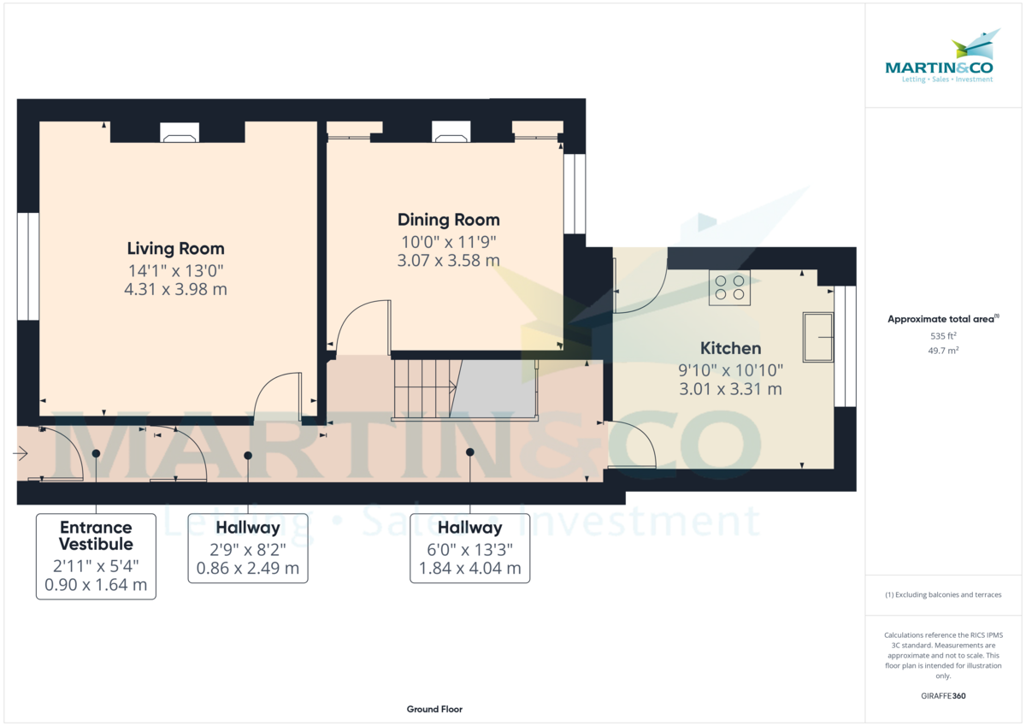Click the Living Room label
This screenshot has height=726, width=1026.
(176, 249)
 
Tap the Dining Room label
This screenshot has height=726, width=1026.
(448, 220)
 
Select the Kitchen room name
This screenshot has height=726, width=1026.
(730, 349)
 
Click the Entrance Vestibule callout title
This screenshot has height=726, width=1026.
(96, 535)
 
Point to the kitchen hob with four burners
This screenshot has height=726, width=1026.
(729, 287)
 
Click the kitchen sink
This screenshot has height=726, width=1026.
(818, 337)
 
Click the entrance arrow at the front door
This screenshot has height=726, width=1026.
(21, 453)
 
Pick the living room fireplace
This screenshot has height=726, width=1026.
(180, 132)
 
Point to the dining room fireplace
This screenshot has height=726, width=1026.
(451, 132)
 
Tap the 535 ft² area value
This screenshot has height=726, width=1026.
(943, 336)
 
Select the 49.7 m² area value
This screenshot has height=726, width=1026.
(943, 351)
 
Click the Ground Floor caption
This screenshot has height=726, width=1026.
(434, 709)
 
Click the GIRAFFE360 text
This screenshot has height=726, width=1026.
(943, 696)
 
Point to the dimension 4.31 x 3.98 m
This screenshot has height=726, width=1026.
(176, 289)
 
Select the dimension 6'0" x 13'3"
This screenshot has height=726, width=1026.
(470, 550)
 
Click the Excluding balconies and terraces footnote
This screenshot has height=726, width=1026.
(943, 594)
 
